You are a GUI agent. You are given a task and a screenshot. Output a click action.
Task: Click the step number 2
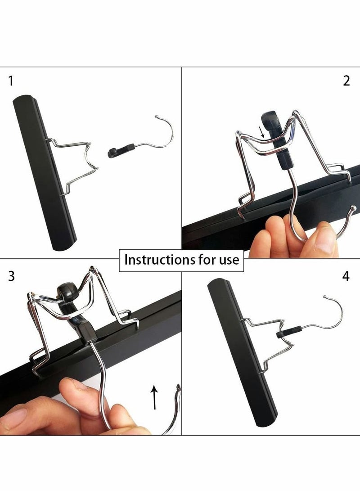346,81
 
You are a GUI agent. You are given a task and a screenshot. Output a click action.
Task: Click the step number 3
11,276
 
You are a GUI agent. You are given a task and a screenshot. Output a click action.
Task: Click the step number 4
346,276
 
